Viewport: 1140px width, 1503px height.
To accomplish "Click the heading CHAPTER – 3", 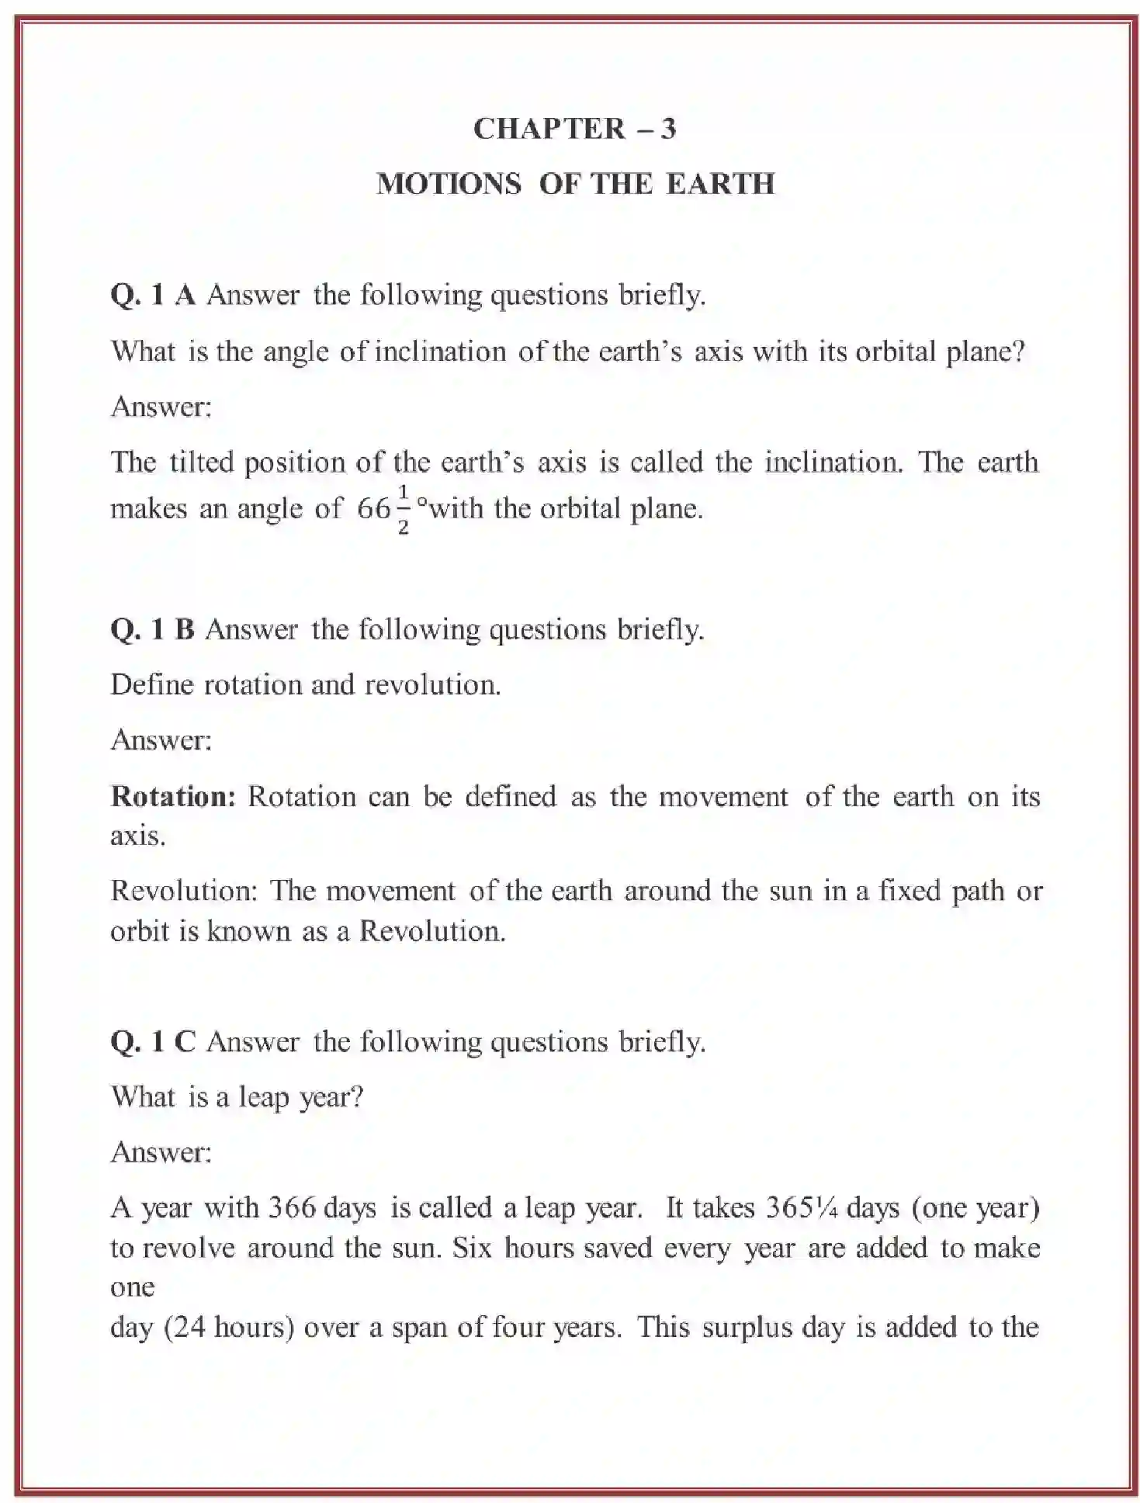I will [x=574, y=129].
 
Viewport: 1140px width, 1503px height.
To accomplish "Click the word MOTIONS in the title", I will [x=449, y=185].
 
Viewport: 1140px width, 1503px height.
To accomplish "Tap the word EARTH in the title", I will [x=720, y=185].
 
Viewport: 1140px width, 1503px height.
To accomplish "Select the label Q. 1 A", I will [x=153, y=295].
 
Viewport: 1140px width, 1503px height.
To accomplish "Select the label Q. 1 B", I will [x=152, y=629].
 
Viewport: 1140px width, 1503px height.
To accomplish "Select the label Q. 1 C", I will [x=153, y=1041].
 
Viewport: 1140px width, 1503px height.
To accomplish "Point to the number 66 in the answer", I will [x=373, y=509].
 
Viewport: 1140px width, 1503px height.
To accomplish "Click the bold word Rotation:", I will [x=173, y=797].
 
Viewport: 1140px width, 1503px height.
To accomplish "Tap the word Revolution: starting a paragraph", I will [x=184, y=891].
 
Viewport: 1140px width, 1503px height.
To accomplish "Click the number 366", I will [x=292, y=1208].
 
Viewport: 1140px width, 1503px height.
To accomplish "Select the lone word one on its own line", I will [x=132, y=1288].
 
